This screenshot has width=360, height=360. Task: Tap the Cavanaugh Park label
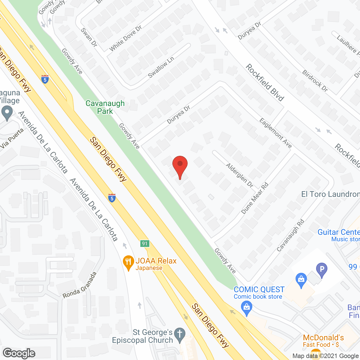tap(105, 107)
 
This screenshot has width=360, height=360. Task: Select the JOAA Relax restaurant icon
tap(128, 263)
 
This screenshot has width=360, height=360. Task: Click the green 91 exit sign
tap(145, 244)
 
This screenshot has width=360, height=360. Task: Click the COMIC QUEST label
tap(259, 290)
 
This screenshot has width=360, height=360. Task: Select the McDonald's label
tap(323, 337)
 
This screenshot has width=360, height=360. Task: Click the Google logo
tap(19, 353)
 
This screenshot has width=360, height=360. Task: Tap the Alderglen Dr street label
tap(239, 175)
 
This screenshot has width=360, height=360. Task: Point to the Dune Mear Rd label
tap(255, 198)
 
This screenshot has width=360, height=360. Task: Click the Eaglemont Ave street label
tap(275, 133)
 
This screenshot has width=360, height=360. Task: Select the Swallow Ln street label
tap(161, 67)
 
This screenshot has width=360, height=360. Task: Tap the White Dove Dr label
tap(125, 39)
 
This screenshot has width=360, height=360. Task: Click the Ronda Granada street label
tap(80, 285)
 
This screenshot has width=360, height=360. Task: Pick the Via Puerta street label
tap(12, 138)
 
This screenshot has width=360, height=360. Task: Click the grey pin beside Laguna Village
tap(7, 113)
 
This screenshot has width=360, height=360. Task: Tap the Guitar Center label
tap(338, 232)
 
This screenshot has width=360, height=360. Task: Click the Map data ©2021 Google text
tap(326, 356)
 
